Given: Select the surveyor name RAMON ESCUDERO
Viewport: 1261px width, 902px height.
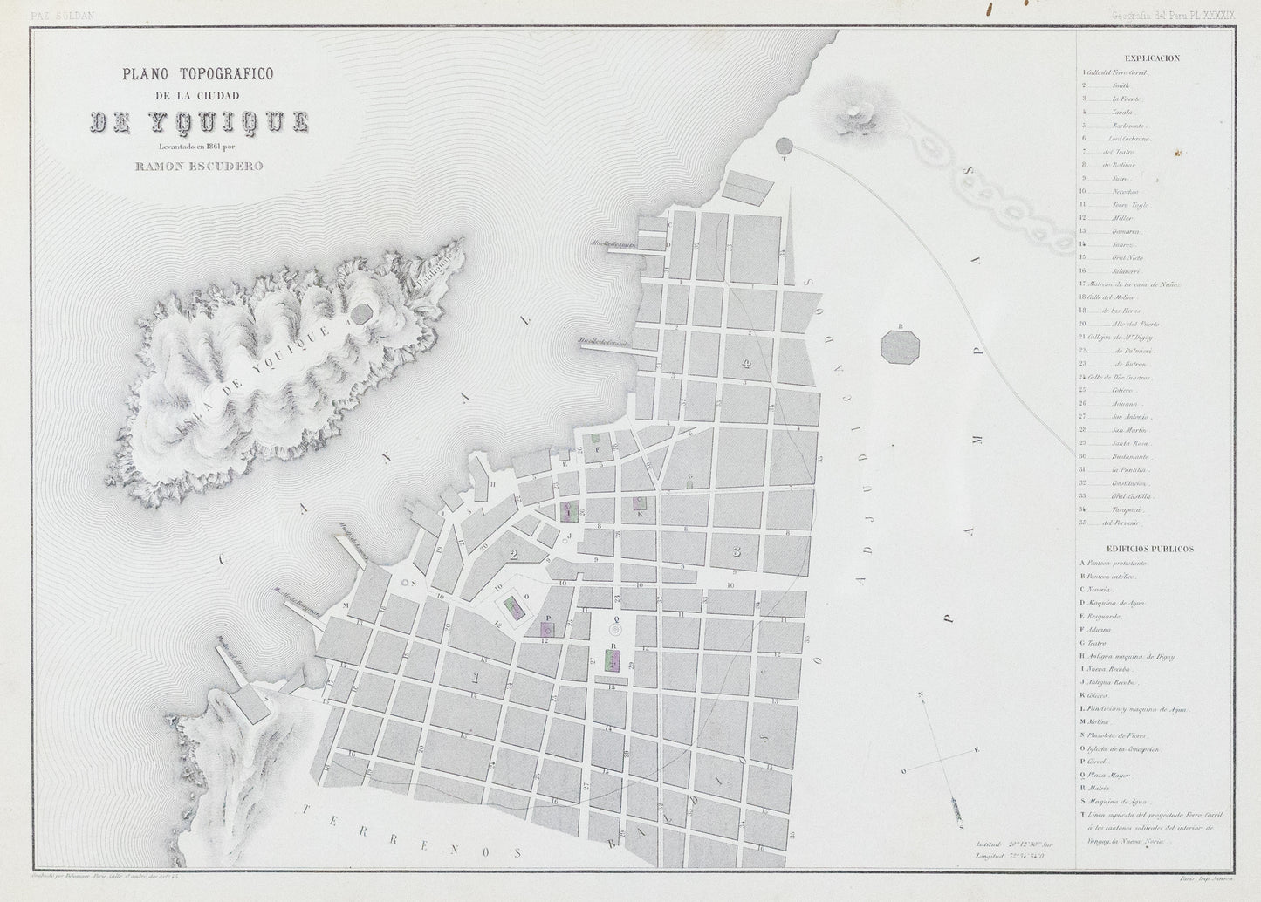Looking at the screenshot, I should point(198,167).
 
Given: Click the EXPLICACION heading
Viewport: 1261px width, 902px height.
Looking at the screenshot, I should point(1152,58).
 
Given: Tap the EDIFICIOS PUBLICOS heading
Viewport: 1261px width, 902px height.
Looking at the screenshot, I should point(1150,550).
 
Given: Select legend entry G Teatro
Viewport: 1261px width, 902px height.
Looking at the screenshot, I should point(1098,642).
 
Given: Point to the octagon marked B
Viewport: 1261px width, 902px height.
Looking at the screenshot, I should point(900,345).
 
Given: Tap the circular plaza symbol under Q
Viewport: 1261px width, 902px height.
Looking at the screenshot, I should point(614,628).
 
